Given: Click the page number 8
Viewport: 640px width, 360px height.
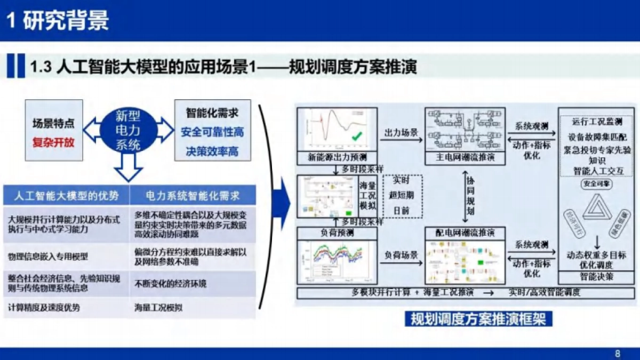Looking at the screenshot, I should point(618,354).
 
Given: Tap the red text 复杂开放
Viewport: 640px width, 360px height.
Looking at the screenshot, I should point(53,143).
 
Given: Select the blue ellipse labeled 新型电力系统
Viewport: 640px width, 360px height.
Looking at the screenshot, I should point(129,131).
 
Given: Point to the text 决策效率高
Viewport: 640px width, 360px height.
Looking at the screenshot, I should point(212,151).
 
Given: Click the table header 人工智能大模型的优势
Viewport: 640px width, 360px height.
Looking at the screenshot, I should point(67,195).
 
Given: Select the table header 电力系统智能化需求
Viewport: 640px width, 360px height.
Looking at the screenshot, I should point(193,195).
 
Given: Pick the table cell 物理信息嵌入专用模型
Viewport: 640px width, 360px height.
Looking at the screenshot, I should point(49,257).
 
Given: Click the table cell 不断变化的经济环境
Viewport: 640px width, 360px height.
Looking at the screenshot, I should point(170,283).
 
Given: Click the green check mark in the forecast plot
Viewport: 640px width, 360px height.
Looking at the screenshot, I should point(357,137).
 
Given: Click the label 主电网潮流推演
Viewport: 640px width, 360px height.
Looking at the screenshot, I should point(465,158).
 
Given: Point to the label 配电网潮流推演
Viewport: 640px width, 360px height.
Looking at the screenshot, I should point(465,233).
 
